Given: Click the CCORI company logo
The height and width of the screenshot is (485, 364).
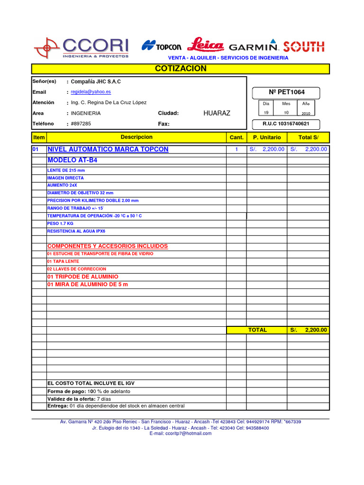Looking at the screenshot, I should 82,47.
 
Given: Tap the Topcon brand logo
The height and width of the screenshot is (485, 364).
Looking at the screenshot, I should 162,46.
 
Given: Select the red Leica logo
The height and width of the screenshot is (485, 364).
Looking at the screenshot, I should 205,45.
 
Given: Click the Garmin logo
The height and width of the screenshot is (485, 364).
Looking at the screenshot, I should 253,47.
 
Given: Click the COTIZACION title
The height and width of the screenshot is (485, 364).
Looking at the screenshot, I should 181,69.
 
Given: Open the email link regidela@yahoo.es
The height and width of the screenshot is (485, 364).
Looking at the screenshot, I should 91,92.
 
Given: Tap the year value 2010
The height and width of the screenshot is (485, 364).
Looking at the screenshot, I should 305,114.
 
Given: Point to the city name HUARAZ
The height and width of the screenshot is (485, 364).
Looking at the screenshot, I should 217,113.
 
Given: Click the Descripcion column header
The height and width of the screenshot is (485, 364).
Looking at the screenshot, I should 136,137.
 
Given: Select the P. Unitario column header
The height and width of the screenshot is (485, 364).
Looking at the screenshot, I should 267,137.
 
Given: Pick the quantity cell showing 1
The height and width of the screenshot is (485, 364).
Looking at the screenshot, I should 237,149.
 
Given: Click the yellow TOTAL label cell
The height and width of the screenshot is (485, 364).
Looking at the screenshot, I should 257,330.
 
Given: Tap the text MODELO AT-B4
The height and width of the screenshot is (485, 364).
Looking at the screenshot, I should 73,160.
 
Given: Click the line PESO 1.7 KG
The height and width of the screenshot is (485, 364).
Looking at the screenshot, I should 60,223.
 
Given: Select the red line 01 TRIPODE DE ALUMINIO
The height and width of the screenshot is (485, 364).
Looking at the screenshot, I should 83,277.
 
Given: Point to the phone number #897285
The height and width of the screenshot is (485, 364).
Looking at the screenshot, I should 81,124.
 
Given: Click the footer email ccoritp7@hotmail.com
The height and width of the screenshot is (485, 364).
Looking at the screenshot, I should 181,433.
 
